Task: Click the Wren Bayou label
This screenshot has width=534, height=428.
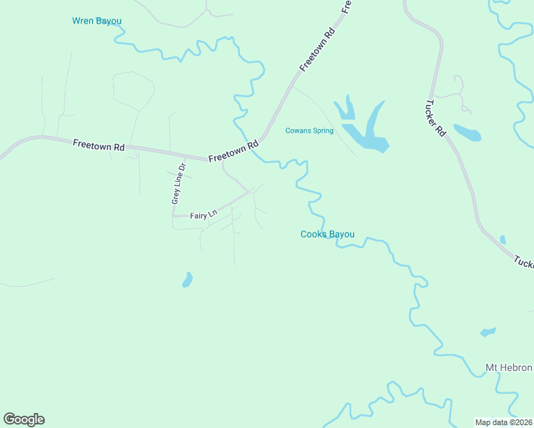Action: click(97, 21)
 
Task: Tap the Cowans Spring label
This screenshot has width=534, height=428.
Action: click(309, 131)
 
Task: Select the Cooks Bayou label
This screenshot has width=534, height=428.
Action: click(327, 234)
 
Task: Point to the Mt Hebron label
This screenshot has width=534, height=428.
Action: click(508, 367)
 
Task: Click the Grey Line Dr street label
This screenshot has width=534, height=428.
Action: click(178, 184)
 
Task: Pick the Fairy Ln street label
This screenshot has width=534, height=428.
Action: click(203, 215)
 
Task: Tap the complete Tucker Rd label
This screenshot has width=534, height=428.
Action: click(437, 118)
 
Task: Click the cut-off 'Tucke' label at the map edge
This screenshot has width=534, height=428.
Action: click(523, 261)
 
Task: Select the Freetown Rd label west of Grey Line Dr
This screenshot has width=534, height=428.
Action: click(99, 145)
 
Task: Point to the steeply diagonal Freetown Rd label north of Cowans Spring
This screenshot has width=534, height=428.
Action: click(317, 50)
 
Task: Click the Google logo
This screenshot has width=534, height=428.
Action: click(24, 419)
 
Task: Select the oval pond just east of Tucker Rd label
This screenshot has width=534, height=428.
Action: click(467, 133)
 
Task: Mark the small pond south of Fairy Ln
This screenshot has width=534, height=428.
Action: click(188, 279)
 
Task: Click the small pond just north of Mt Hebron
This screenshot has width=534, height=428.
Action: click(488, 332)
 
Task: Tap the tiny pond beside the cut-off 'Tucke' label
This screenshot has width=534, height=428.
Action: click(503, 240)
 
